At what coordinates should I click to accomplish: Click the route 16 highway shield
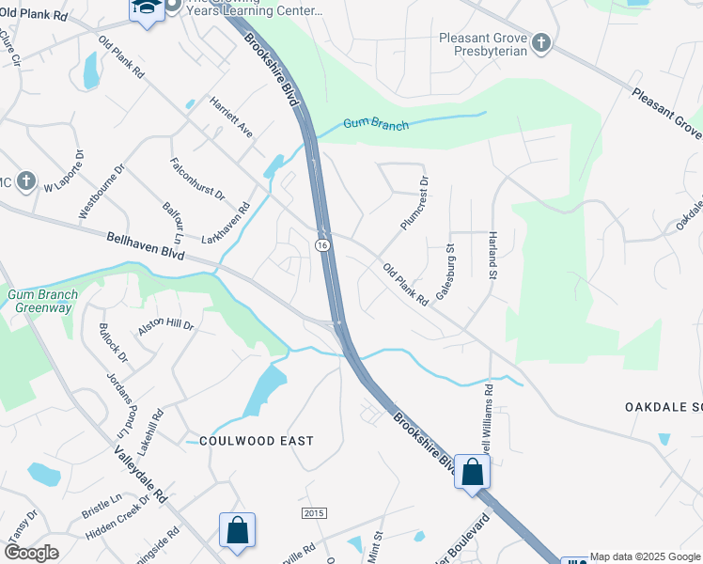[x=322, y=244]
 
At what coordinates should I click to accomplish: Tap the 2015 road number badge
[x=314, y=512]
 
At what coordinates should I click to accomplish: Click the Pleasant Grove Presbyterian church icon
[x=541, y=42]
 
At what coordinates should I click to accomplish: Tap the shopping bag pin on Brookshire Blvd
[x=472, y=472]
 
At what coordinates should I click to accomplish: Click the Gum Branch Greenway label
[x=43, y=301]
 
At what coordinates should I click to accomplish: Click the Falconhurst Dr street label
[x=197, y=179]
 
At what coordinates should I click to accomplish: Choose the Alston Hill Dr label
[x=165, y=326]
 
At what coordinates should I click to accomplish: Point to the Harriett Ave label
[x=231, y=117]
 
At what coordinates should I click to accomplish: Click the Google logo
[x=31, y=554]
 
